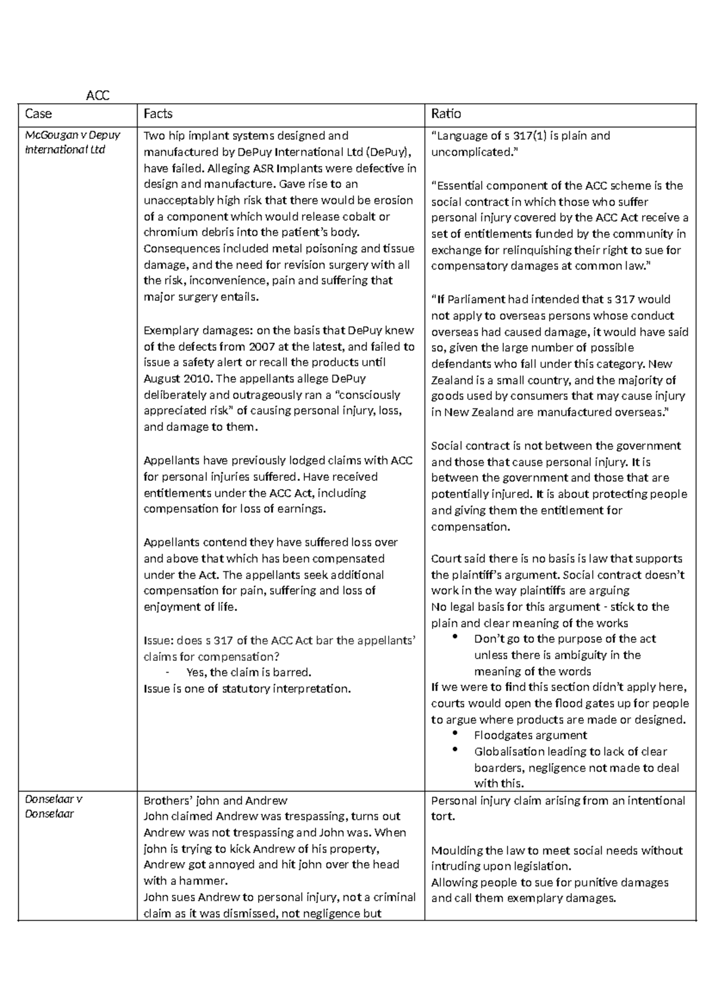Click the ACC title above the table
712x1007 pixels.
(x=98, y=96)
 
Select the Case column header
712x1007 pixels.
(x=38, y=113)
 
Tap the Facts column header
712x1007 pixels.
(x=158, y=113)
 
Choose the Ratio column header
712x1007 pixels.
(x=446, y=113)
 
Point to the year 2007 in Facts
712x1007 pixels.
(x=263, y=347)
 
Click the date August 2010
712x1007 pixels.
(x=178, y=379)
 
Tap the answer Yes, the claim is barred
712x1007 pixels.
(x=249, y=673)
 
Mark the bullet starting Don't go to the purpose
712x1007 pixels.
(x=565, y=639)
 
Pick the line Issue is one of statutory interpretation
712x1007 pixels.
(x=247, y=689)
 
